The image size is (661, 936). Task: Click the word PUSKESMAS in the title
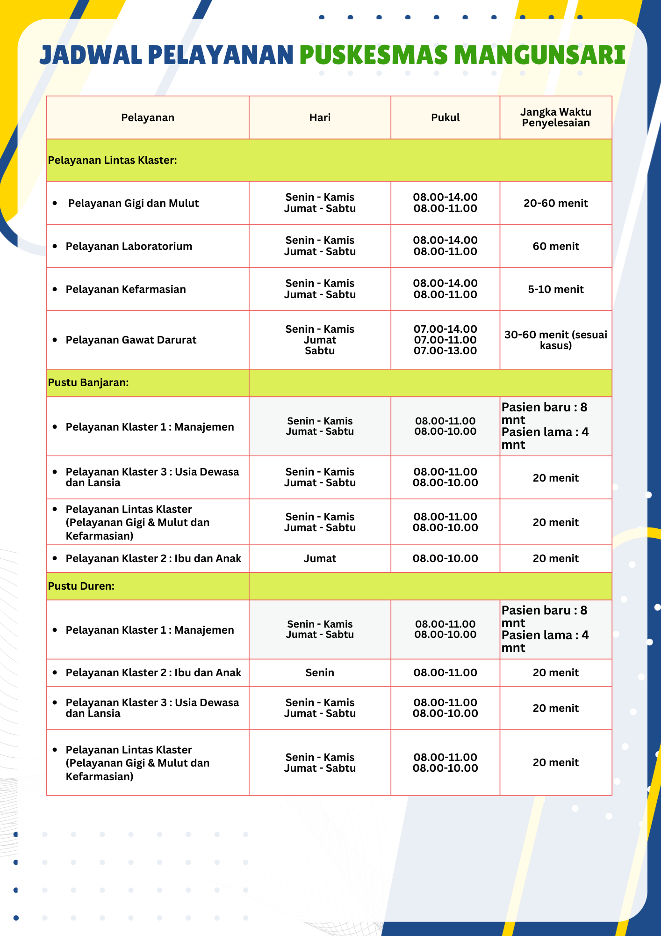coord(374,55)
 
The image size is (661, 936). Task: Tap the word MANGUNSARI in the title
coord(539,55)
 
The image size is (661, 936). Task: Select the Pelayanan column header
coord(148,117)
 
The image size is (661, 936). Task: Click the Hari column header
coord(320,117)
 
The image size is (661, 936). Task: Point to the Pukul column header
coord(445,117)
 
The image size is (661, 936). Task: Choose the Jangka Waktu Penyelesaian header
coord(556,117)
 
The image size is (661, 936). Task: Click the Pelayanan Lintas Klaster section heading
coord(113,160)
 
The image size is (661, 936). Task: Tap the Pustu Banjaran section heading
coord(88,382)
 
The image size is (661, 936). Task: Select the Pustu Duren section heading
coord(81,586)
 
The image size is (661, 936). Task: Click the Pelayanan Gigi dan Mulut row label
coord(133,203)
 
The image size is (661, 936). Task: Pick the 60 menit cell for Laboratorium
coord(556,246)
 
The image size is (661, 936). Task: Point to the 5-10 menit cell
coord(556,289)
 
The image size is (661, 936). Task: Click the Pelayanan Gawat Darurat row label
coord(131,340)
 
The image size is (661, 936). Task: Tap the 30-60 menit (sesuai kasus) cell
coord(556,340)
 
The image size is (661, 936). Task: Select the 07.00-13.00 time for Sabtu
coord(445,351)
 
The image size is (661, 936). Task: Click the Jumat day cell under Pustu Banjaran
coord(320,558)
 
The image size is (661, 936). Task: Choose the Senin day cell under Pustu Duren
coord(320,673)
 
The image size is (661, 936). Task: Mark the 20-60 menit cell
coord(556,203)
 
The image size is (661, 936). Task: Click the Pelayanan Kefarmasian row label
coord(126,289)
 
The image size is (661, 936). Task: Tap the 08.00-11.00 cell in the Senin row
coord(445,673)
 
